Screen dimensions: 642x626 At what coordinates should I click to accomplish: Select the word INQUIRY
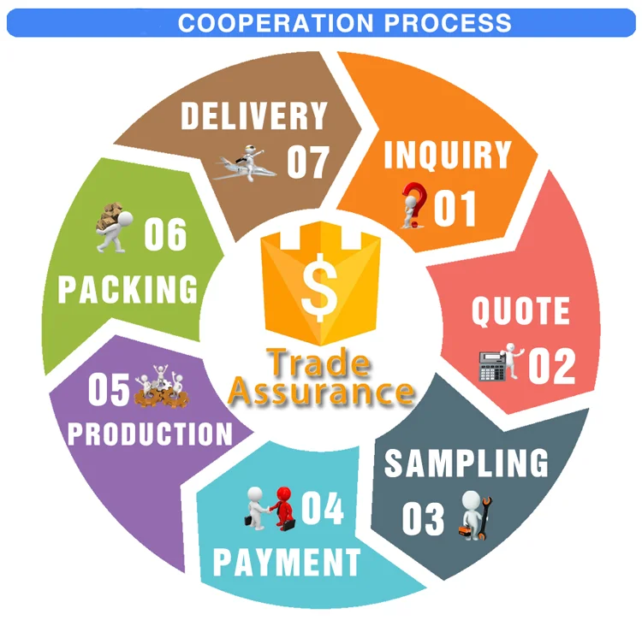coord(447,156)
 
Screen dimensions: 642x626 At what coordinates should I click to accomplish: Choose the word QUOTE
coord(520,312)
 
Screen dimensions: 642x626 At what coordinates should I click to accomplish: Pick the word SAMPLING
coord(466,463)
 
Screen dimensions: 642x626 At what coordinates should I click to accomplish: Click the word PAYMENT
coord(286,563)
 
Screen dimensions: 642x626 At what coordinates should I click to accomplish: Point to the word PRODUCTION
coord(151,434)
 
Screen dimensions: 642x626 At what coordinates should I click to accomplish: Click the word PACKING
coord(128,289)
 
